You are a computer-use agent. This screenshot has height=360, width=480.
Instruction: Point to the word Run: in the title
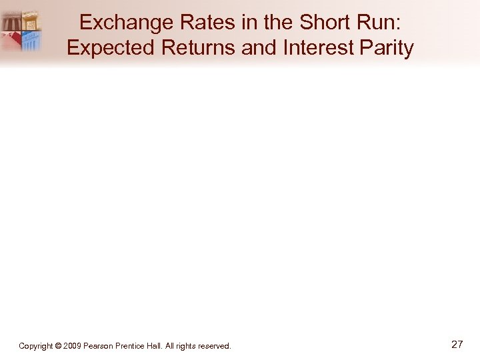(381, 23)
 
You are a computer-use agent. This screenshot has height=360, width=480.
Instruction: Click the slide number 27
(457, 345)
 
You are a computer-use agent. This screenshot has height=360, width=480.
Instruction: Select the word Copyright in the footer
(37, 346)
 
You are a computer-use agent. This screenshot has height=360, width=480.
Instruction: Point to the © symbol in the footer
(59, 346)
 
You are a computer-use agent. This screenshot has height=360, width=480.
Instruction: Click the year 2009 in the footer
(72, 346)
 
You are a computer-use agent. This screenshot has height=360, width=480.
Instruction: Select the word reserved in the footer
(216, 346)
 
